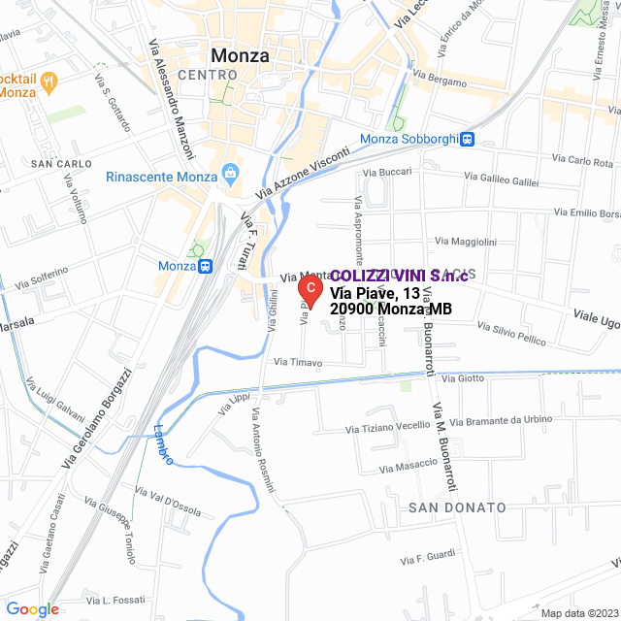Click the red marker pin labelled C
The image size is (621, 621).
[309, 287]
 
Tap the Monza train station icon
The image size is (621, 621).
[205, 266]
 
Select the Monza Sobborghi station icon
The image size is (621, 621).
[468, 139]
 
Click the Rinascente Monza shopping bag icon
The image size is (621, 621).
[230, 176]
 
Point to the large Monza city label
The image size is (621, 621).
[240, 55]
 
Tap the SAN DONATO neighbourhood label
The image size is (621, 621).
[456, 507]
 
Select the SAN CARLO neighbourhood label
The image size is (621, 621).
[60, 163]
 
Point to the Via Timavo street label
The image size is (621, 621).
[298, 362]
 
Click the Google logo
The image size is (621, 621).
[32, 609]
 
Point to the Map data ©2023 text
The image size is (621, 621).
[578, 612]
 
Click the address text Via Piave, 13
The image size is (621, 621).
[375, 293]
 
